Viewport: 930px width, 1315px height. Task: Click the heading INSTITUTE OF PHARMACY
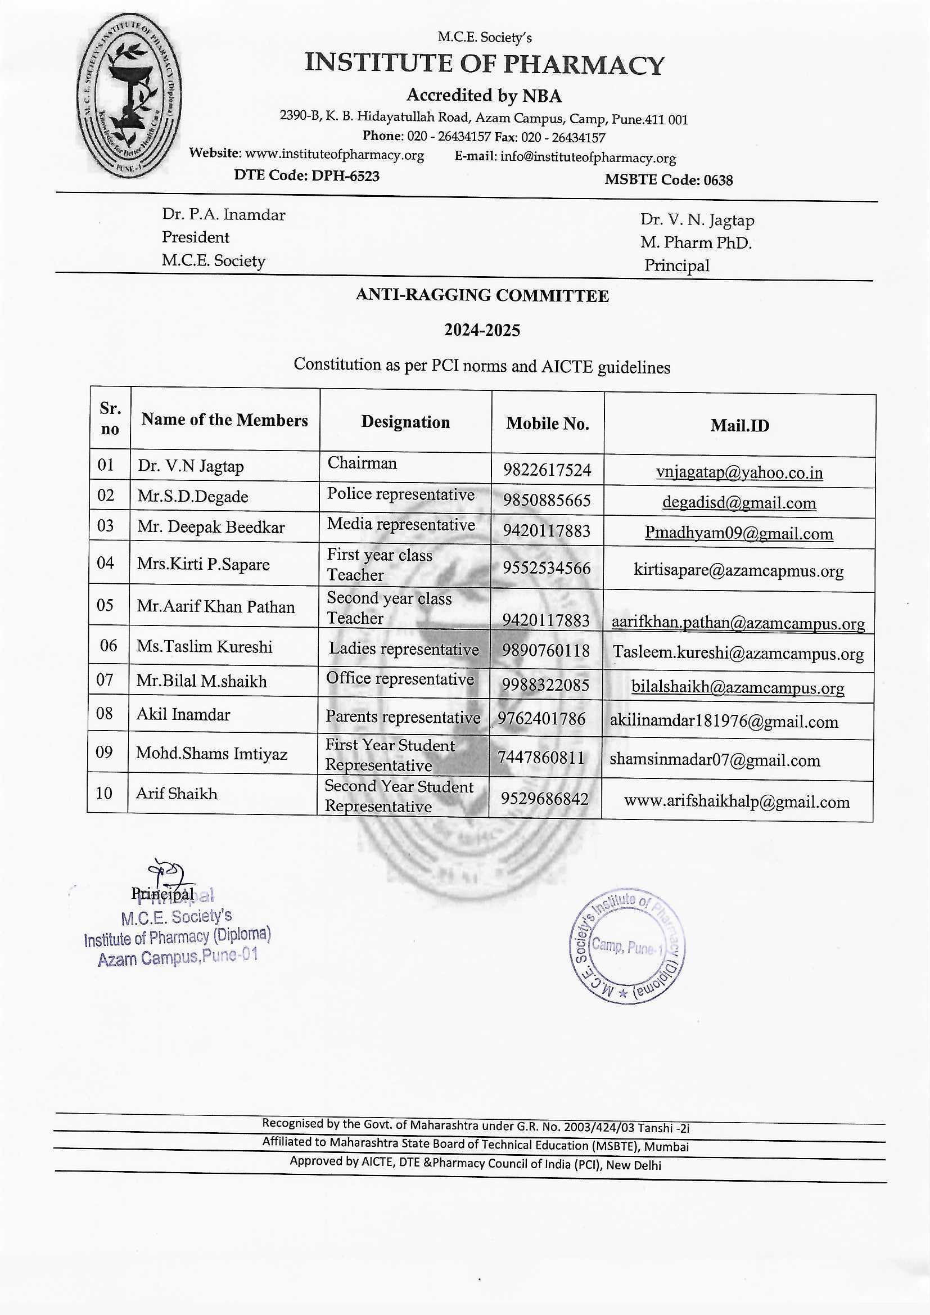tap(484, 64)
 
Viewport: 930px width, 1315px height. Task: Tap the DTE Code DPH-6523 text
tap(306, 176)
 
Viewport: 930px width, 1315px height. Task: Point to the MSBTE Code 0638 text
tap(669, 180)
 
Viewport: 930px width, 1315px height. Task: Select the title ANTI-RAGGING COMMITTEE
tap(482, 295)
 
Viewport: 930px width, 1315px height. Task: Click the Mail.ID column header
tap(739, 426)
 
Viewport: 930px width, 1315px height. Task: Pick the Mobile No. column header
tap(548, 424)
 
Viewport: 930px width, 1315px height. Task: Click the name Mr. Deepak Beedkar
tap(211, 528)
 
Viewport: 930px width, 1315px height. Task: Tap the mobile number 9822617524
tap(547, 470)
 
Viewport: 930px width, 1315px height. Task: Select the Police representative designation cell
tap(401, 494)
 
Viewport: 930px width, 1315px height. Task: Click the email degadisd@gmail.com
tap(739, 503)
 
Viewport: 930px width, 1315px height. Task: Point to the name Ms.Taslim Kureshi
tap(205, 647)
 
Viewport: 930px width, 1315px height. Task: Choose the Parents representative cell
tap(403, 717)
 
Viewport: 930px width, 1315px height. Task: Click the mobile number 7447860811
tap(541, 758)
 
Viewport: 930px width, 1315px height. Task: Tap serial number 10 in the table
tap(104, 793)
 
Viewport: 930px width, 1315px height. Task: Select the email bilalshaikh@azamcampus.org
tap(738, 687)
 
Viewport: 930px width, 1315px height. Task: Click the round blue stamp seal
tap(626, 947)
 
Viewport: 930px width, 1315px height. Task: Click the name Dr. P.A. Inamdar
tap(223, 215)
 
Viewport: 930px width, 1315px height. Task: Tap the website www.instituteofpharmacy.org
tap(335, 155)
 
